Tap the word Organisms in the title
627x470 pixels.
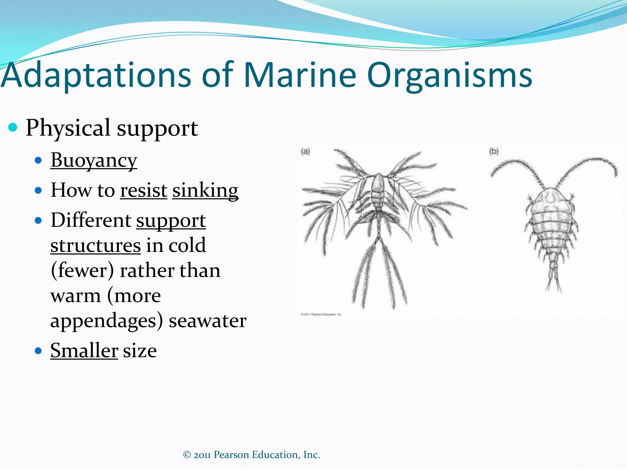[449, 75]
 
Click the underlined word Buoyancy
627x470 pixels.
[94, 160]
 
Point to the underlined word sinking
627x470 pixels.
[205, 190]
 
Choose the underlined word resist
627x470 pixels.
[144, 190]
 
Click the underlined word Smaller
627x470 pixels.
[84, 351]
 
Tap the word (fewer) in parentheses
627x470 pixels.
[82, 270]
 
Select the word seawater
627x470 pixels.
[208, 321]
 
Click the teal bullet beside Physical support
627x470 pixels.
[13, 127]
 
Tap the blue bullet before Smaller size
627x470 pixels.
[38, 351]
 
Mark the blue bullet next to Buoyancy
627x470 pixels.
[38, 160]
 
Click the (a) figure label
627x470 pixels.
[305, 151]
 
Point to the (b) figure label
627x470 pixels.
[494, 151]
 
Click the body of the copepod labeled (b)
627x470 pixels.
[551, 220]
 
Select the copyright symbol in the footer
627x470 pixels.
[187, 455]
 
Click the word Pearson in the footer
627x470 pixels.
[231, 455]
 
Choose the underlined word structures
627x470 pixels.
[96, 245]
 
